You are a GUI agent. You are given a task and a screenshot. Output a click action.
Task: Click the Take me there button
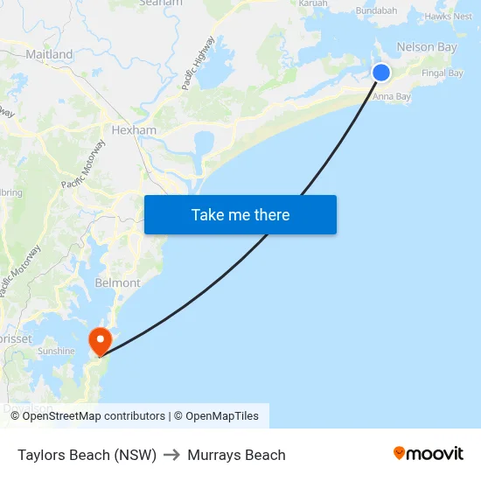pyautogui.click(x=240, y=215)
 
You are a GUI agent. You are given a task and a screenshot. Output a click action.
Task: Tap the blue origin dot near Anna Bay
pyautogui.click(x=381, y=73)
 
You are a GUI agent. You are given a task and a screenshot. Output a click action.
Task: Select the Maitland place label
pyautogui.click(x=50, y=54)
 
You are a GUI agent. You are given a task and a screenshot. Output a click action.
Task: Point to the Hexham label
pyautogui.click(x=134, y=130)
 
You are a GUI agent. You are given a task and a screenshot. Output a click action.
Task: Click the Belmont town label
pyautogui.click(x=117, y=283)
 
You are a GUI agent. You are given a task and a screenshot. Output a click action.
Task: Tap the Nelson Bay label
pyautogui.click(x=427, y=47)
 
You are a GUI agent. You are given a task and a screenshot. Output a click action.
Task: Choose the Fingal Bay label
pyautogui.click(x=443, y=73)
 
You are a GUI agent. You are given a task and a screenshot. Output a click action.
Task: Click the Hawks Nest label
pyautogui.click(x=449, y=16)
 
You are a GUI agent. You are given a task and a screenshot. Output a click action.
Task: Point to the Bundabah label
pyautogui.click(x=376, y=10)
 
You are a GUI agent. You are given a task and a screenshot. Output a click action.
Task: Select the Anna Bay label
pyautogui.click(x=392, y=97)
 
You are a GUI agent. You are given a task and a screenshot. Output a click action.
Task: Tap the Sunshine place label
pyautogui.click(x=56, y=351)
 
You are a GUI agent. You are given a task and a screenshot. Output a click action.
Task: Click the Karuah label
pyautogui.click(x=312, y=3)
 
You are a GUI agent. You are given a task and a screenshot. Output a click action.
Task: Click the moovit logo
pyautogui.click(x=429, y=454)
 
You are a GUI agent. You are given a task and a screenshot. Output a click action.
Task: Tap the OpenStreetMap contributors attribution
pyautogui.click(x=94, y=416)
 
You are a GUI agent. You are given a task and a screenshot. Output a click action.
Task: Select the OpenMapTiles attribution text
pyautogui.click(x=222, y=416)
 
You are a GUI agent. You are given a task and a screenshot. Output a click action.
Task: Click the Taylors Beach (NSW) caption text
pyautogui.click(x=87, y=455)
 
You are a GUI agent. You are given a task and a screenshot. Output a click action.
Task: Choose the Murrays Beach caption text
pyautogui.click(x=236, y=455)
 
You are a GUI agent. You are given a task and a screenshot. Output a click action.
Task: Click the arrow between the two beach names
pyautogui.click(x=171, y=455)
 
